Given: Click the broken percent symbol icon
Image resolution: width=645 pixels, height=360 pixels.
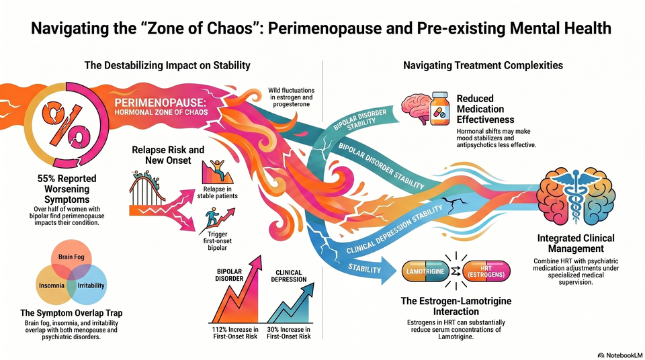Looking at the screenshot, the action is tap(65, 126).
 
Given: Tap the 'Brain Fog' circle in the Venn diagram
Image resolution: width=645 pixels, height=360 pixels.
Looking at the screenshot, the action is tap(71, 259).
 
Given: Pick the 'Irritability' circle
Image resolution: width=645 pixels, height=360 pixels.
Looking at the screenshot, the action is tap(87, 284).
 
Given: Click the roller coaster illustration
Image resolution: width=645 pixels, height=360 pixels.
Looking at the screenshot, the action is tap(147, 189).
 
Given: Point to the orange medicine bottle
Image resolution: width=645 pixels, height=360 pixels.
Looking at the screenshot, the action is tap(439, 108).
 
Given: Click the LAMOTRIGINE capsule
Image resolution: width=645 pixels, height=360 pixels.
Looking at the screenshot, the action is tap(425, 271).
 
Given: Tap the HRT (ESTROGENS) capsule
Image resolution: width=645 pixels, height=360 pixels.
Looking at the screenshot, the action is tap(486, 271).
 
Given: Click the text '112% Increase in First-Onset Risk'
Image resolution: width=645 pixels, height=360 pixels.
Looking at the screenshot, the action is tap(235, 333).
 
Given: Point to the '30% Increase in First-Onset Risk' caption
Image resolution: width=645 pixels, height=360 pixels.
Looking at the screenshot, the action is tap(289, 333).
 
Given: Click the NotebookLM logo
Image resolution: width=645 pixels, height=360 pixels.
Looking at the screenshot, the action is tap(620, 355).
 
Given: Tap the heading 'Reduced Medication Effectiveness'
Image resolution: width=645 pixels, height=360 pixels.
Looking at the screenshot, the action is tap(485, 109).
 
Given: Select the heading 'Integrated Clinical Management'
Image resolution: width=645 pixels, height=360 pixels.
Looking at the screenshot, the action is tap(576, 243).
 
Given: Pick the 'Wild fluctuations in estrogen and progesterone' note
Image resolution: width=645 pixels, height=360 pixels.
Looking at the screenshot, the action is tap(291, 97).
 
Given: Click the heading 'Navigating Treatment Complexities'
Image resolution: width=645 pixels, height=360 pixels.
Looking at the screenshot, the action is tap(483, 65).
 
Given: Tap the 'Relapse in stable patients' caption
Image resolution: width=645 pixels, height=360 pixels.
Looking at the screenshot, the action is tap(217, 193).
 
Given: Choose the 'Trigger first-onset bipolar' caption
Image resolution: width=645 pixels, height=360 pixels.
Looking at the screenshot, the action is tap(217, 241).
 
